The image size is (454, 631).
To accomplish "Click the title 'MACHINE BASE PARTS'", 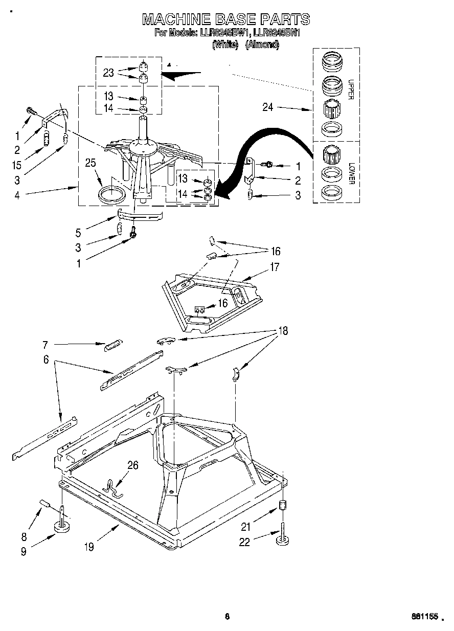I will coord(225,19).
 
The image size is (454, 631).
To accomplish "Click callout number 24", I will coord(268,107).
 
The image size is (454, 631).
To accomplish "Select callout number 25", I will coord(90,164).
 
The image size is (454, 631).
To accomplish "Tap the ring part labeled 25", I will coord(111,195).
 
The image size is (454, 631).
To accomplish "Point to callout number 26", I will coord(132,465).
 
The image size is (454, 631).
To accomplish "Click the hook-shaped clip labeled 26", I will coord(113,488).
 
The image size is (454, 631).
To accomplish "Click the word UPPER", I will coord(351,89).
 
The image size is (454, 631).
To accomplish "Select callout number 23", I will coord(108,73).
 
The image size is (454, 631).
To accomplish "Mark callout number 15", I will coord(17,165).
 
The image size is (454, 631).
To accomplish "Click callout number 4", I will coord(17,195).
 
